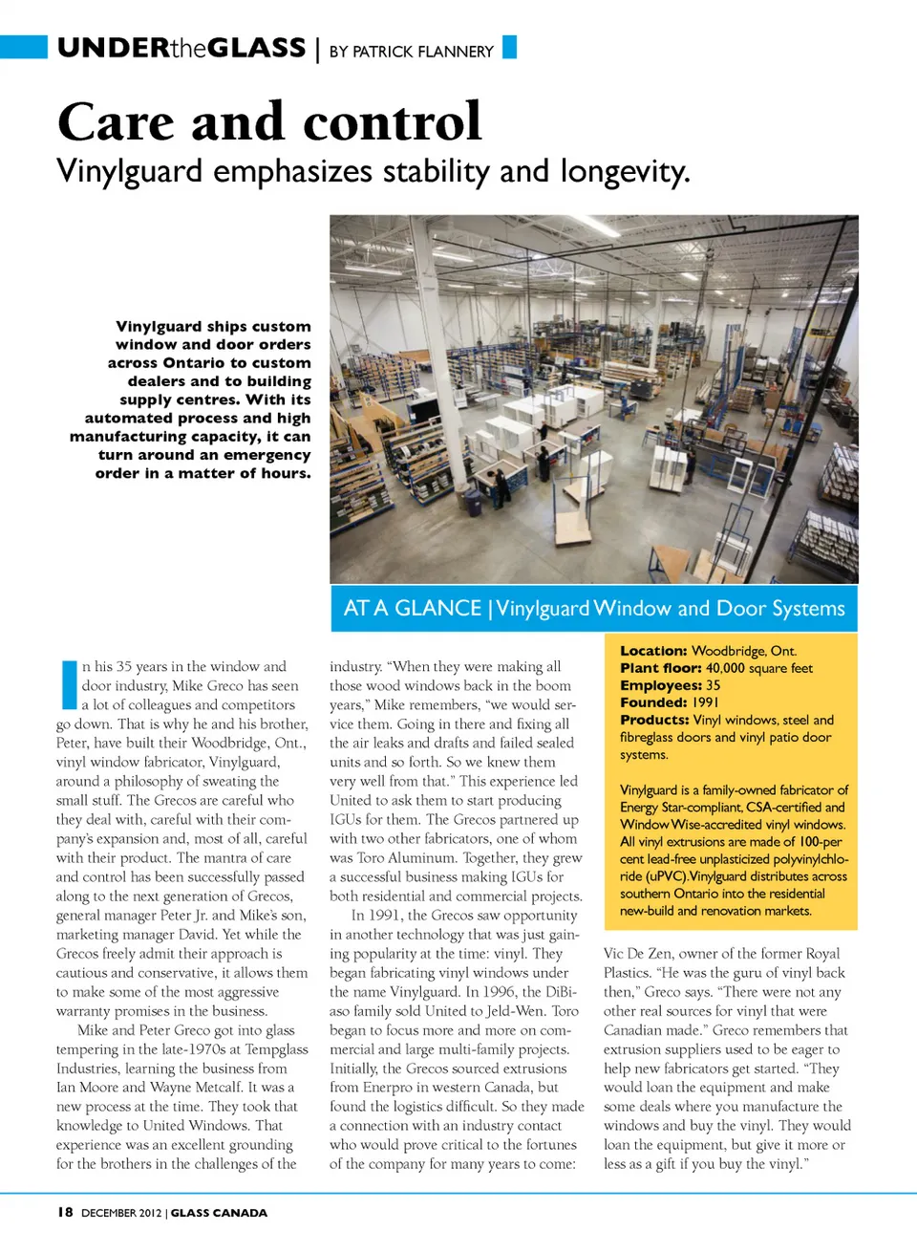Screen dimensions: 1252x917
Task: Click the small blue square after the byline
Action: tap(509, 47)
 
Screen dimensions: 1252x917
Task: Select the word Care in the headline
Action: tap(117, 122)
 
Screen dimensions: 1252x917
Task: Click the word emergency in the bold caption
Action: tap(267, 455)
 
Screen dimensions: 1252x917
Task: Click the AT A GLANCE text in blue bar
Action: tap(412, 609)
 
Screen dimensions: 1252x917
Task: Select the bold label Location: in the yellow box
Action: tap(653, 651)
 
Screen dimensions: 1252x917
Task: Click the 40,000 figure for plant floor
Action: tap(725, 668)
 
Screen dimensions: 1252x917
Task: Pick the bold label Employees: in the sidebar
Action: tap(661, 685)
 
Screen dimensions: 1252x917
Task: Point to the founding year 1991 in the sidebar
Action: tap(705, 702)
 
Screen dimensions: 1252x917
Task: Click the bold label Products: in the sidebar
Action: tap(654, 720)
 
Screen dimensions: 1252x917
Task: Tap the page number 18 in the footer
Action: tap(65, 1212)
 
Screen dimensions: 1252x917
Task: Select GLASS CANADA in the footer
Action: tap(219, 1213)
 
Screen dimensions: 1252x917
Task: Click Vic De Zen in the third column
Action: tap(638, 954)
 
